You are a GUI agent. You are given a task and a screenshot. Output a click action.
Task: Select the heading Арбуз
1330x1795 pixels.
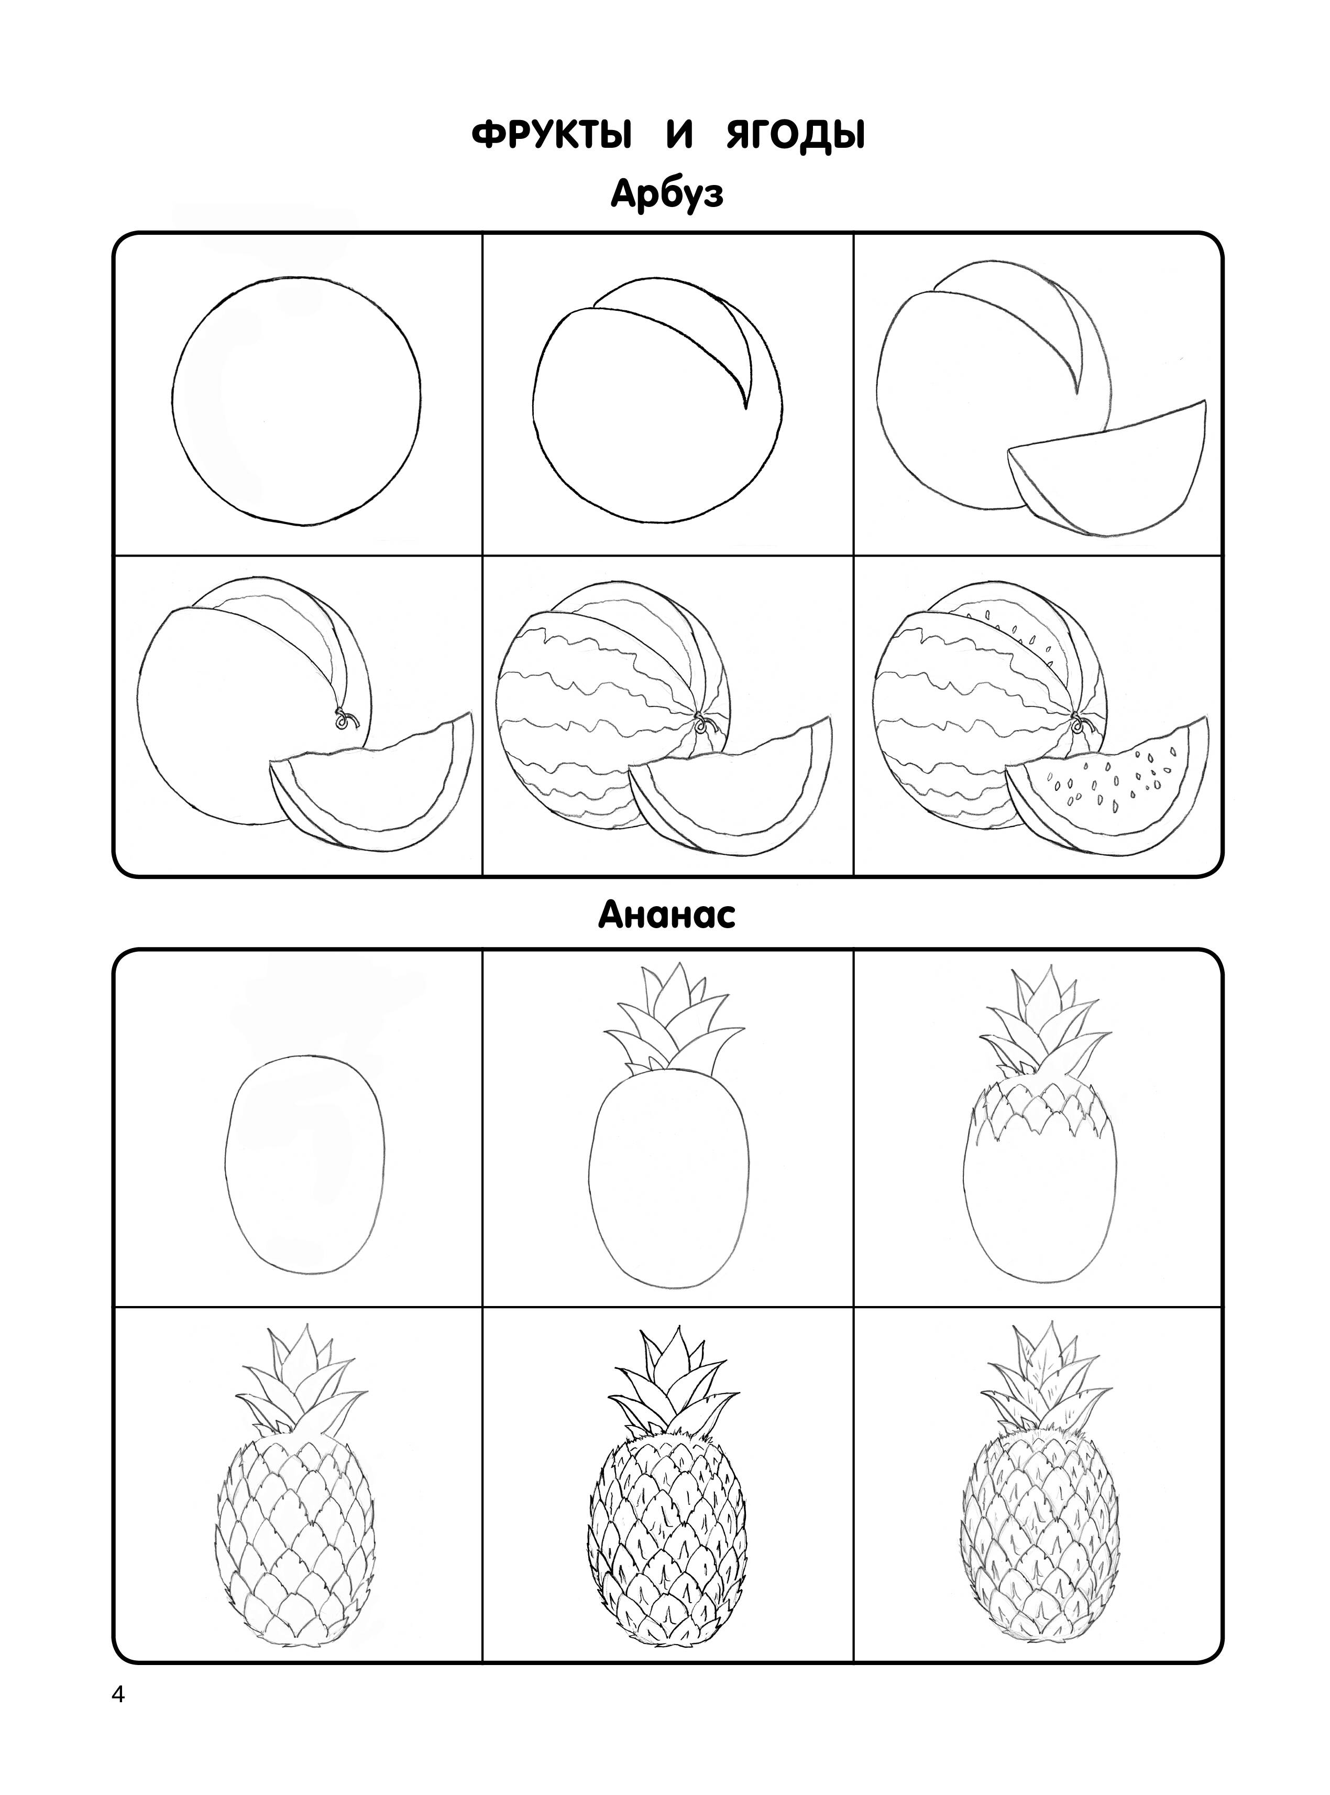tap(667, 195)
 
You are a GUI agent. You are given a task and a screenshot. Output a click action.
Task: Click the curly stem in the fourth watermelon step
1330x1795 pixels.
tap(346, 719)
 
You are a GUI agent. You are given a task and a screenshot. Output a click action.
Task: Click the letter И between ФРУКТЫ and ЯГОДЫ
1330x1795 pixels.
tap(679, 137)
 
